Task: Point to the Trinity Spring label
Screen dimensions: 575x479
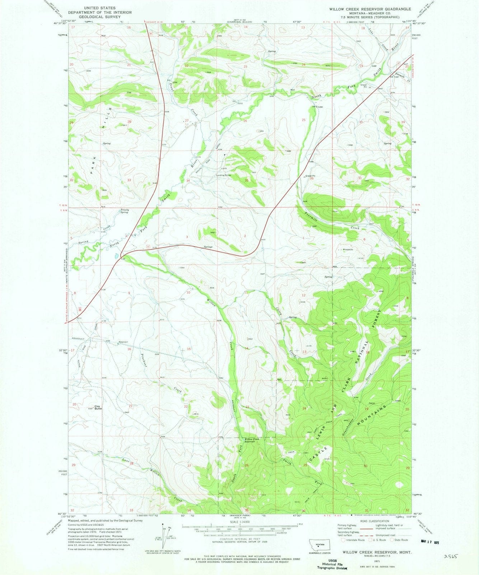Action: pos(124,211)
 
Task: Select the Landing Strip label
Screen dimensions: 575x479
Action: pos(224,176)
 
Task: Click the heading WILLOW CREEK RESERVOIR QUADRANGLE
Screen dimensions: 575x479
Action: pos(370,8)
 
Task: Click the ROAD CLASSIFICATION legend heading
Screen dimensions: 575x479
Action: pos(366,521)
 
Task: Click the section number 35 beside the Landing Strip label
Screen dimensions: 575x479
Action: pos(246,180)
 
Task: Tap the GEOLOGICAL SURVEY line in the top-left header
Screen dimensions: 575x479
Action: pos(106,17)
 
